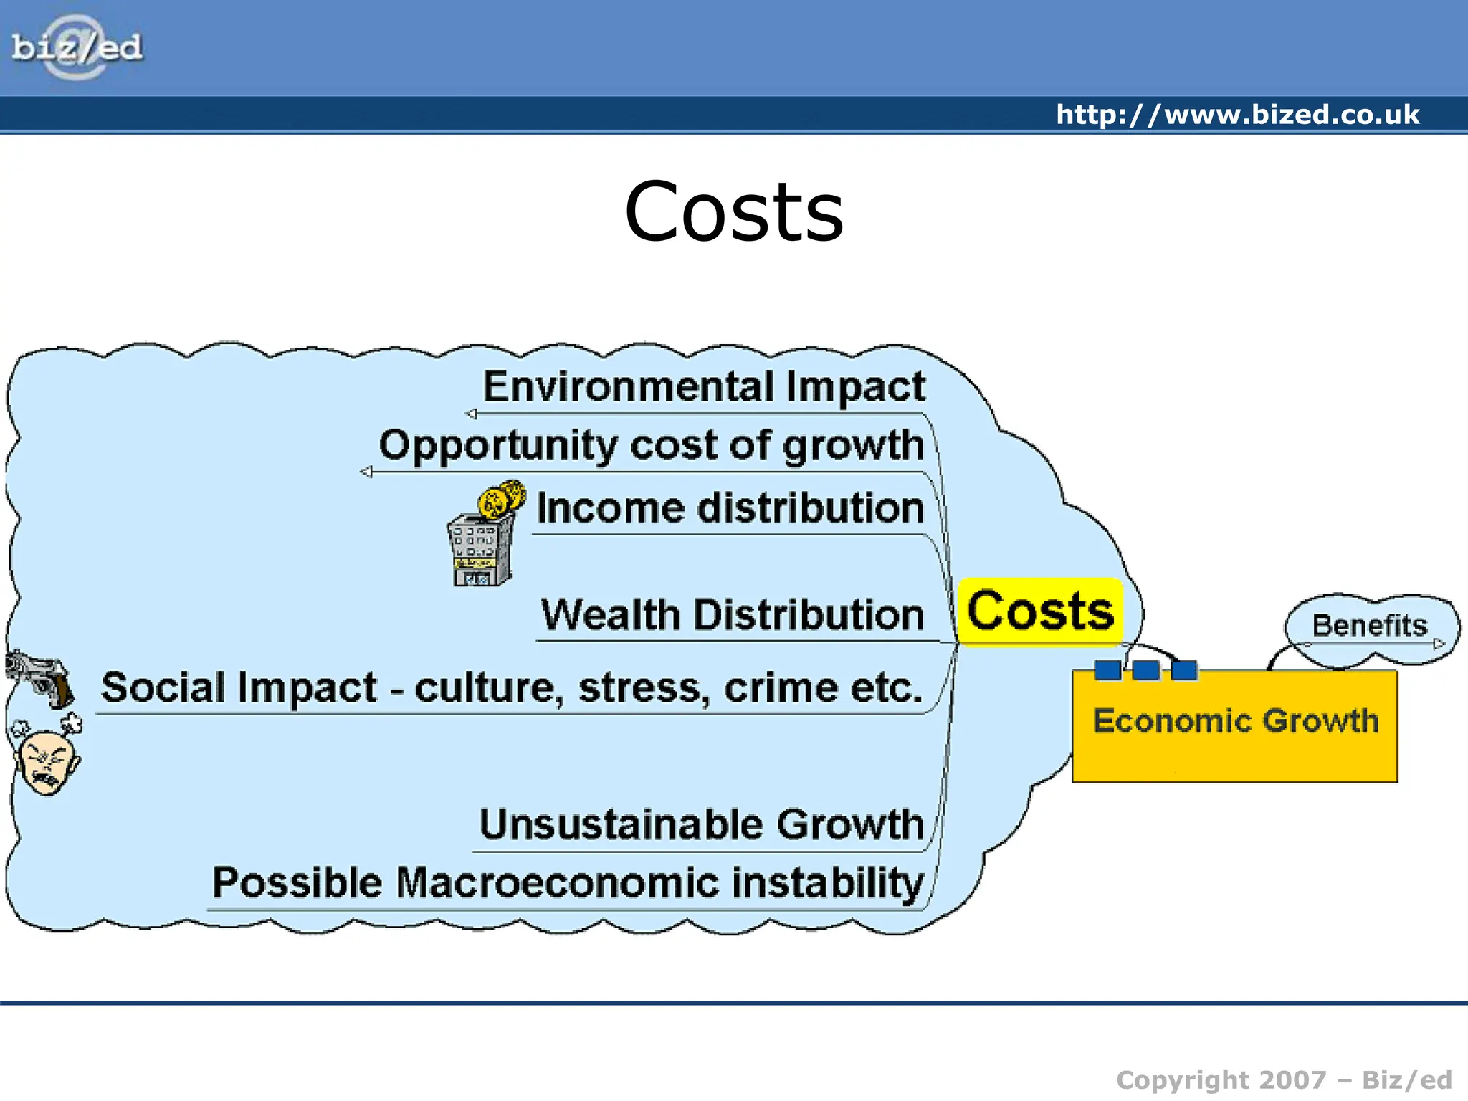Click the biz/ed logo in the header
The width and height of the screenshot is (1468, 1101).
click(x=77, y=47)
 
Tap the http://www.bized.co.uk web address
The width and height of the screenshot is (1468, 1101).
click(x=1237, y=115)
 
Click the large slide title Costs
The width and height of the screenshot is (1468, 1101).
click(x=734, y=212)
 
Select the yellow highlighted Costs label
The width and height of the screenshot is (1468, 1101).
click(x=1040, y=611)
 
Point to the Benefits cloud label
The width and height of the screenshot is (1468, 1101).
click(x=1369, y=625)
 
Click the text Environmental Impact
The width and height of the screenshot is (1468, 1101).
click(x=704, y=386)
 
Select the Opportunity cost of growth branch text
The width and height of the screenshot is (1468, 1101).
click(x=651, y=445)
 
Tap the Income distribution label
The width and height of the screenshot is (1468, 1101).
click(x=730, y=508)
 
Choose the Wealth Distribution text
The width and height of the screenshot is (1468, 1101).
click(x=732, y=615)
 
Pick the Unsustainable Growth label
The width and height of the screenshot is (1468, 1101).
click(x=701, y=824)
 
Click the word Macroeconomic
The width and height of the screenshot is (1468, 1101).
click(x=557, y=882)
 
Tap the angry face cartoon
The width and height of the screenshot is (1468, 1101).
click(x=47, y=758)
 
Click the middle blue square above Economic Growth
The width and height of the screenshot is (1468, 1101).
click(x=1145, y=670)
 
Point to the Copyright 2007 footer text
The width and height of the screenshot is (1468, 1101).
click(x=1283, y=1079)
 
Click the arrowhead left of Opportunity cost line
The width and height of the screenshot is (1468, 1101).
click(x=366, y=472)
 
